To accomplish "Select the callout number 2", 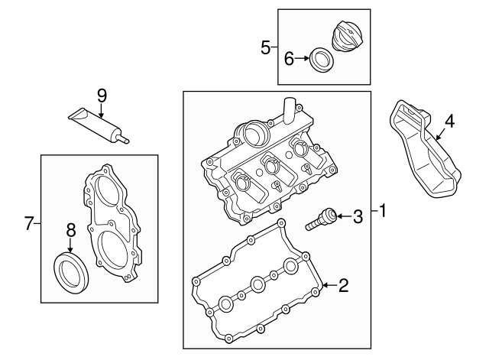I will (343, 286).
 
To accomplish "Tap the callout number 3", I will (358, 217).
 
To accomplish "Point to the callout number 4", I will (449, 120).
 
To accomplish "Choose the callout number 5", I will (265, 47).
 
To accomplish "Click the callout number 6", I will (289, 57).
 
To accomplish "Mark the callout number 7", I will (29, 223).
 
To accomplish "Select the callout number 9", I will (102, 96).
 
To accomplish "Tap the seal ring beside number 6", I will (322, 59).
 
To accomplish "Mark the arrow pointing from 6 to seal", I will (302, 57).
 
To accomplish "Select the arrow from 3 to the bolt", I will (343, 217).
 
